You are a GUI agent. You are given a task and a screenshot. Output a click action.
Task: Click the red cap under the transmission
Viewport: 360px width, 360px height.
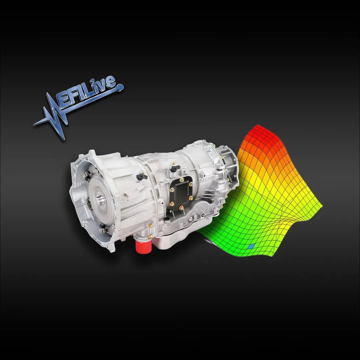[144, 246]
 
